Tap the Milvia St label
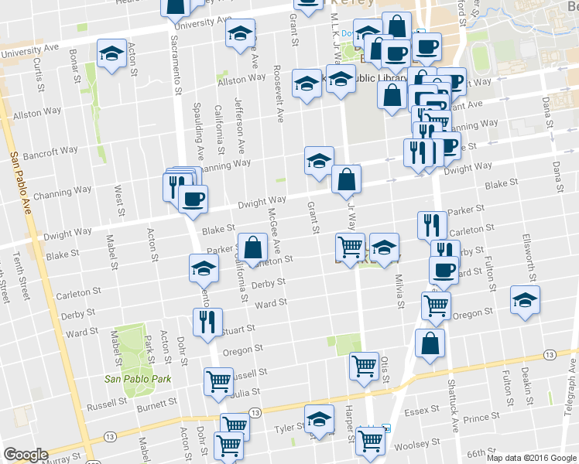tap(399, 291)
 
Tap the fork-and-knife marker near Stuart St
tap(207, 321)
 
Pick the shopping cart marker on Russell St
tap(219, 380)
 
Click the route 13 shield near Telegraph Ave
tap(549, 353)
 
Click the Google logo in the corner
tap(26, 454)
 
